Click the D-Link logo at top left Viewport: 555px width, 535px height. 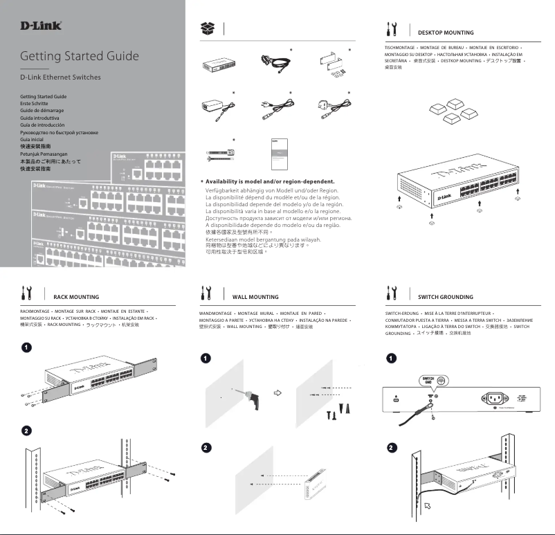(x=41, y=26)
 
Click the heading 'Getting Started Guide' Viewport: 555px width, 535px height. (x=79, y=56)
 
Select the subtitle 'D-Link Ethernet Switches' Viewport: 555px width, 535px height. (x=60, y=77)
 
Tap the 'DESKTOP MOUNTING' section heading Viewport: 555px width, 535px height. (x=446, y=33)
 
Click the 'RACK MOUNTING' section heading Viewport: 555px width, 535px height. (x=75, y=297)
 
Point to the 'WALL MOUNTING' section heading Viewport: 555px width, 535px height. (x=255, y=297)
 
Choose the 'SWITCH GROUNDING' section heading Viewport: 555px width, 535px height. (x=446, y=297)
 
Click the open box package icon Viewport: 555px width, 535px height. (x=207, y=28)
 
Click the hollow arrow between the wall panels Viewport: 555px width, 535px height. (x=280, y=392)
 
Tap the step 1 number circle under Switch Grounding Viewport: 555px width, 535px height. (x=392, y=359)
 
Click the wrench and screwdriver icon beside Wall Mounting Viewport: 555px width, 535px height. (x=206, y=293)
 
